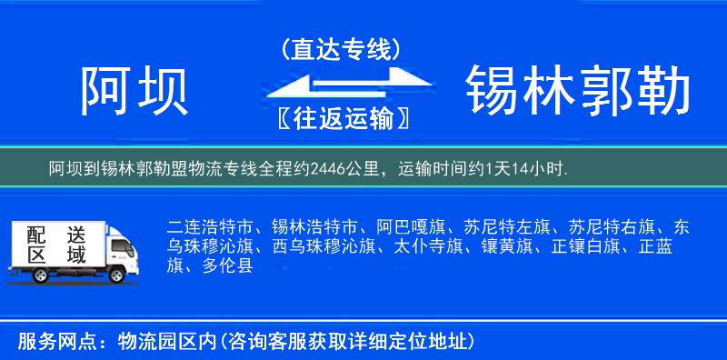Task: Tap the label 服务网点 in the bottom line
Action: point(43,341)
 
